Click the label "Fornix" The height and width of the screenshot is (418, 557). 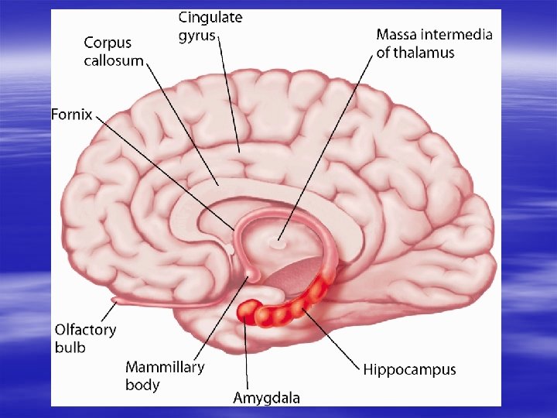tap(72, 115)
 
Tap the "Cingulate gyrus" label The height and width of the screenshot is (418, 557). tap(210, 26)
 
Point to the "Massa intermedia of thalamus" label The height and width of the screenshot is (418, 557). tap(434, 43)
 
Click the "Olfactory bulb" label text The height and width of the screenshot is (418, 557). tap(85, 338)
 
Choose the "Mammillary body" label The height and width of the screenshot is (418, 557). tap(164, 375)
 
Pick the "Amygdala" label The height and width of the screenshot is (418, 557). tap(267, 399)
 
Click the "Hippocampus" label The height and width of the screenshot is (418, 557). tap(410, 370)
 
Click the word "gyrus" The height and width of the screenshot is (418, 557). tap(197, 36)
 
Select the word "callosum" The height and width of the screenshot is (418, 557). tap(114, 61)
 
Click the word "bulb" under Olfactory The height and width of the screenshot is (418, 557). tap(70, 348)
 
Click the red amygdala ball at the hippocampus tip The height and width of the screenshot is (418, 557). tap(248, 311)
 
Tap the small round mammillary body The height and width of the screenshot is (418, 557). tap(252, 276)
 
